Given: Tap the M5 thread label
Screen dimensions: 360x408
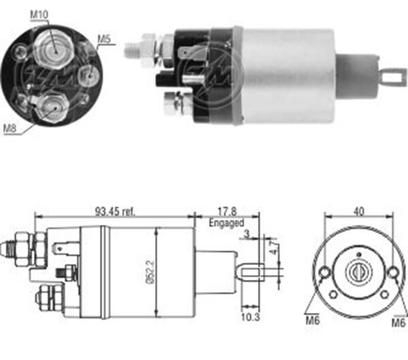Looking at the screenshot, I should [103, 39].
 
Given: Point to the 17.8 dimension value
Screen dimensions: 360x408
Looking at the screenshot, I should [228, 211].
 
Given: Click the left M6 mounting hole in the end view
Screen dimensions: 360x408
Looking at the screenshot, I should [325, 274].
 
